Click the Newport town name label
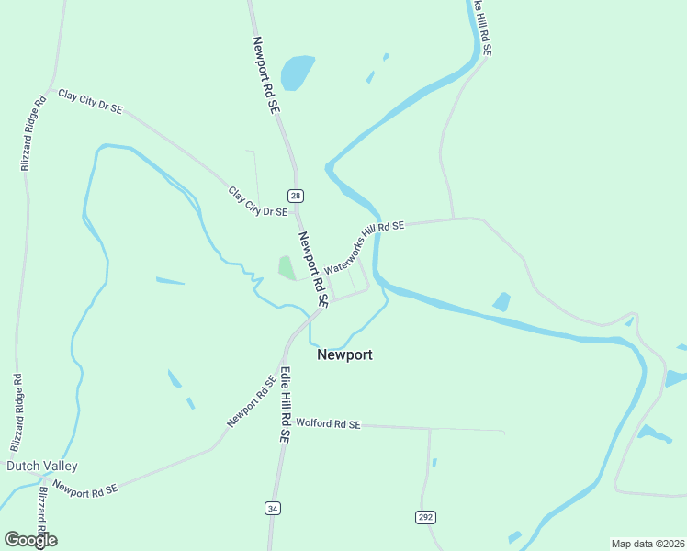pos(344,354)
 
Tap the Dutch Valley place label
pos(42,467)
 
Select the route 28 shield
pos(295,196)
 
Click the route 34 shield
pos(272,508)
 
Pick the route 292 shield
pos(425,518)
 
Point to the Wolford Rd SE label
pos(329,424)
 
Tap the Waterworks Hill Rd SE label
pos(364,247)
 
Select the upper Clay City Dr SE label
pos(90,101)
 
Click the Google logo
pos(30,540)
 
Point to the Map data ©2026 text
pos(647,543)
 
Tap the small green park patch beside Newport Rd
pos(287,268)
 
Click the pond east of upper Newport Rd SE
pos(297,73)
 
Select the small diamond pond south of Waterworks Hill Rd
pos(501,302)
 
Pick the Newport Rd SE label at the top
pos(265,74)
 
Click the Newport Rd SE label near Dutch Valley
pos(85,489)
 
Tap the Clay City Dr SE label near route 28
pos(258,202)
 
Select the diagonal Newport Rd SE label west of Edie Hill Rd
pos(252,402)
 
